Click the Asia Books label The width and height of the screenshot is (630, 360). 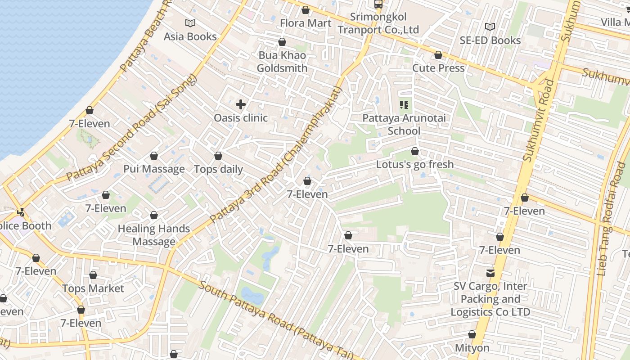190,36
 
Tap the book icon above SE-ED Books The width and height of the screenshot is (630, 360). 490,27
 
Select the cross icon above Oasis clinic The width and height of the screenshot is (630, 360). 241,105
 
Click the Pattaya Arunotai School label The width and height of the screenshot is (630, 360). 404,125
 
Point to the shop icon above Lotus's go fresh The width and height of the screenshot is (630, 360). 415,152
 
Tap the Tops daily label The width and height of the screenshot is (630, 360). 218,170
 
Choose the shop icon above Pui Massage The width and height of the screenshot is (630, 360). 154,156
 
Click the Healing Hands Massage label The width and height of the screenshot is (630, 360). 154,235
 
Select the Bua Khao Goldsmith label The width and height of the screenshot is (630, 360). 282,62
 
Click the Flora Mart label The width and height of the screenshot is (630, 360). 306,23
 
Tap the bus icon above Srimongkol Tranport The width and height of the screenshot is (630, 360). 378,4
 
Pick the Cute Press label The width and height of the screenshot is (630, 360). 438,68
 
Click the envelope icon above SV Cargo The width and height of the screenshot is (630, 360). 490,273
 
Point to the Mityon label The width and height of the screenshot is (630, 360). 472,348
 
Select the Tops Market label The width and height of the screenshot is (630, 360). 93,288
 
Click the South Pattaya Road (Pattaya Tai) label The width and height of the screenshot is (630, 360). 276,320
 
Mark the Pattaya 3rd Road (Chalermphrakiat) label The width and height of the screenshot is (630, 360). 276,154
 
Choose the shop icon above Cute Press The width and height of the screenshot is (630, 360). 438,55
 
